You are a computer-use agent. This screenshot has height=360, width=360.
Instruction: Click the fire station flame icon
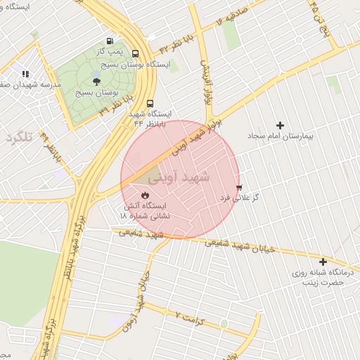[145, 195]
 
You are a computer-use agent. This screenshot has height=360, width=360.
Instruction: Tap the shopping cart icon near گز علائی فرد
[240, 187]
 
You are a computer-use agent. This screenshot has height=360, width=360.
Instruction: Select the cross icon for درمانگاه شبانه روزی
[323, 262]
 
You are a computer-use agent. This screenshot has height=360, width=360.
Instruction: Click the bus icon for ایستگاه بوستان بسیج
[135, 53]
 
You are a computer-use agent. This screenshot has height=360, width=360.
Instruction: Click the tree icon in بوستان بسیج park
[106, 82]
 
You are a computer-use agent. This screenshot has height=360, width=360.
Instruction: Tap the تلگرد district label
[20, 136]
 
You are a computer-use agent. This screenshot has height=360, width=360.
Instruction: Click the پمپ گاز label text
[109, 53]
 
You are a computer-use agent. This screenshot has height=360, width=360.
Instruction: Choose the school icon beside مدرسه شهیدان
[25, 74]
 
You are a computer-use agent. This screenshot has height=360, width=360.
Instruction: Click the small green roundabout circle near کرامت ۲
[224, 324]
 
